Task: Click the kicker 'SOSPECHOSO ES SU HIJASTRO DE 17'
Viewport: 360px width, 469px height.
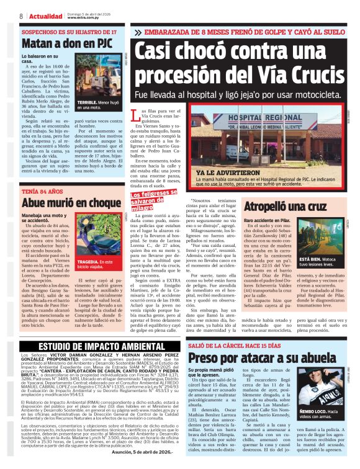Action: coord(69,31)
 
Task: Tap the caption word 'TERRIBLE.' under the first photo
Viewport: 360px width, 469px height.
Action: coord(106,102)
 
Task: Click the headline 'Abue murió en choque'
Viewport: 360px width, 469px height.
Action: coord(71,202)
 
